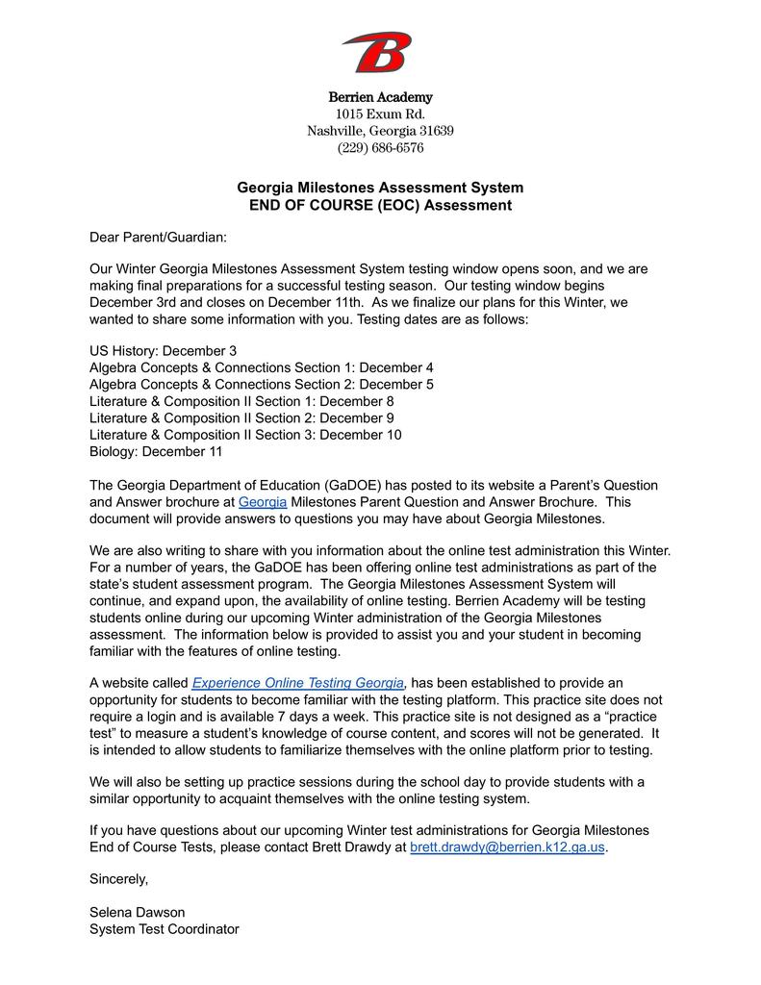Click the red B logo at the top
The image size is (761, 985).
click(x=377, y=52)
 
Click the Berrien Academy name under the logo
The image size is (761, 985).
click(x=380, y=97)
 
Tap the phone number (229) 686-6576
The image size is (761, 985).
click(x=380, y=148)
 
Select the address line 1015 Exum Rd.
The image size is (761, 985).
click(x=380, y=114)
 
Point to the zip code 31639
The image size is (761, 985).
click(x=434, y=131)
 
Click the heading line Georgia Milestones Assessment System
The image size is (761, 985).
click(x=380, y=188)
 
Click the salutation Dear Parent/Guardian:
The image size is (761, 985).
click(x=159, y=237)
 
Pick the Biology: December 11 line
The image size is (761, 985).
click(x=156, y=451)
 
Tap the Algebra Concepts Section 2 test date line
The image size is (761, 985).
click(x=261, y=385)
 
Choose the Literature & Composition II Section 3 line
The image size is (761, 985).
click(x=245, y=435)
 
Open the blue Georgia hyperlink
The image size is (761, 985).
click(x=262, y=502)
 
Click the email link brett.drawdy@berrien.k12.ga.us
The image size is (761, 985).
click(x=507, y=846)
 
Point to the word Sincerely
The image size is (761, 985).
click(x=118, y=878)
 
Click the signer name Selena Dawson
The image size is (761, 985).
click(x=137, y=912)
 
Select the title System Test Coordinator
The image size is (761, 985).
click(x=164, y=929)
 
